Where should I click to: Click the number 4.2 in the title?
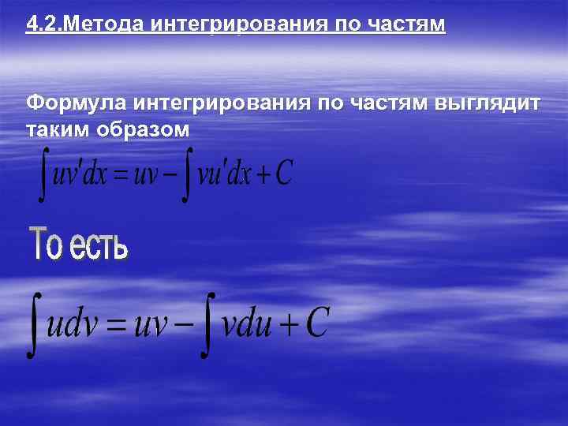tap(41, 24)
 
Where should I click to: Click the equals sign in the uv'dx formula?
tap(121, 175)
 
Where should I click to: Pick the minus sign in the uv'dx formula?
tap(171, 174)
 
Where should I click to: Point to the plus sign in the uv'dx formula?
tap(260, 174)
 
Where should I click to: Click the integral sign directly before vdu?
tap(208, 324)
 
